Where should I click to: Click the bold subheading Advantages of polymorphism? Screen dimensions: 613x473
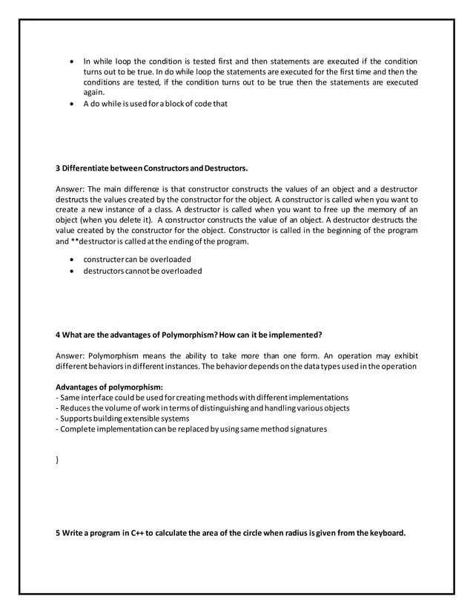click(109, 387)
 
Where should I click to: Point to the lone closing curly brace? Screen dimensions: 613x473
click(58, 460)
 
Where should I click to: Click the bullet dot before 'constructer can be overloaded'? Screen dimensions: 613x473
click(70, 260)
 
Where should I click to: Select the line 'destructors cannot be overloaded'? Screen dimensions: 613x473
click(142, 271)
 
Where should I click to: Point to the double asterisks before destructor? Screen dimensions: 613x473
click(74, 242)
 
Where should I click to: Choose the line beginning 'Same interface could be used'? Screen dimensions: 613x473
click(202, 397)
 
